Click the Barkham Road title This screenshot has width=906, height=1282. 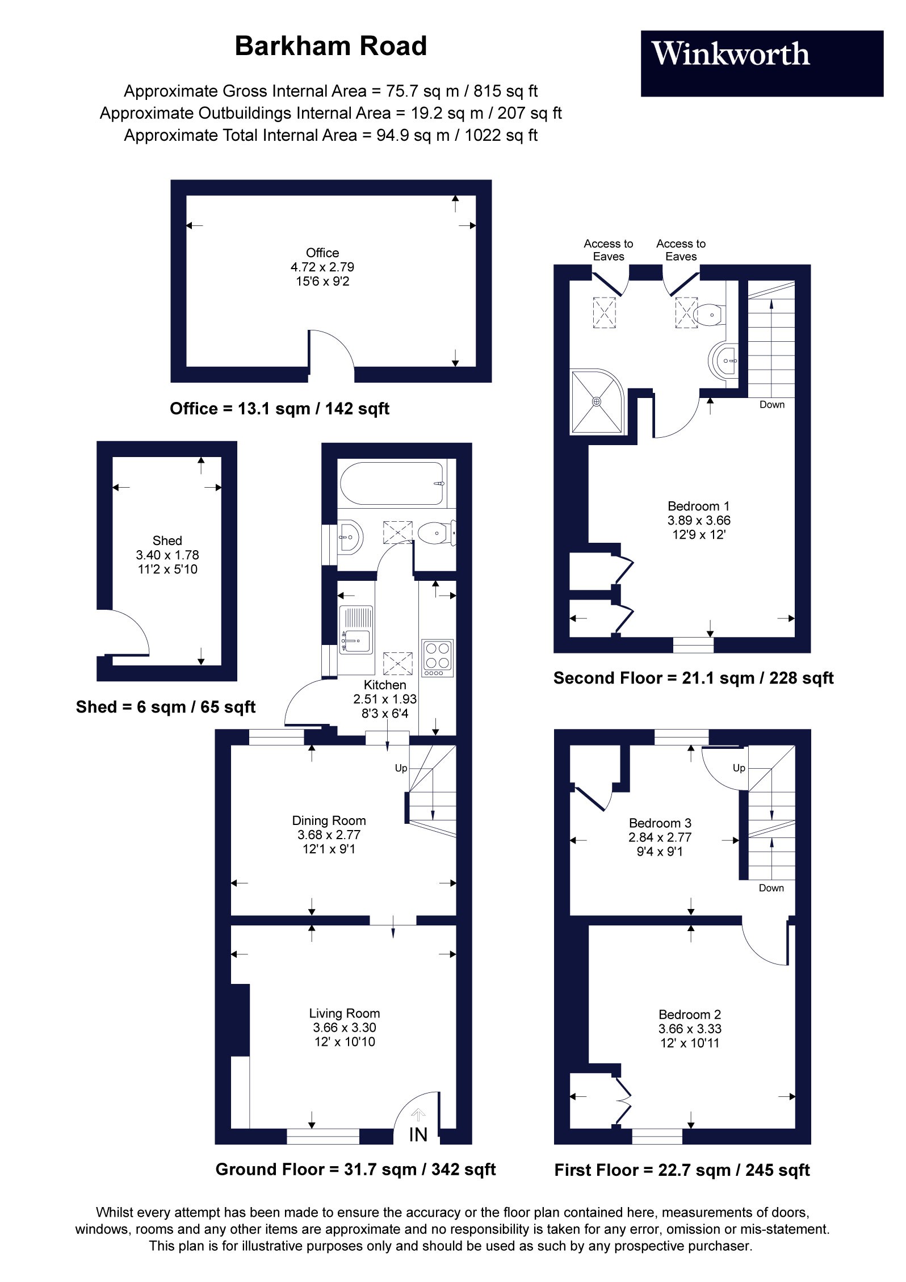tap(330, 46)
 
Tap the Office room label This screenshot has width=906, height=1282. tap(322, 253)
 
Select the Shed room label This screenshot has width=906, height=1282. tap(167, 541)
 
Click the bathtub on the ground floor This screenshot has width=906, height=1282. tap(392, 483)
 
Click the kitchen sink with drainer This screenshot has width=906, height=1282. tap(356, 630)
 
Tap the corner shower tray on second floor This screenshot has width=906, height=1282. tap(597, 402)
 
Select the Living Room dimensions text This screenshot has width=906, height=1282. tap(345, 1034)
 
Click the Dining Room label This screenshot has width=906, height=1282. tap(329, 820)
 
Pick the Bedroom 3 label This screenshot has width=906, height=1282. tap(660, 823)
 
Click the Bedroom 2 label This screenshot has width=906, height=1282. tap(690, 1014)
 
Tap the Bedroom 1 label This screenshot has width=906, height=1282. tap(698, 506)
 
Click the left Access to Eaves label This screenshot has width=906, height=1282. tap(608, 250)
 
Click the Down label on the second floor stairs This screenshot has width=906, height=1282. tap(772, 405)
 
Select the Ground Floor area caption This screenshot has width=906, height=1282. tap(355, 1169)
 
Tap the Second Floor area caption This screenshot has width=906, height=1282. tap(693, 678)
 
